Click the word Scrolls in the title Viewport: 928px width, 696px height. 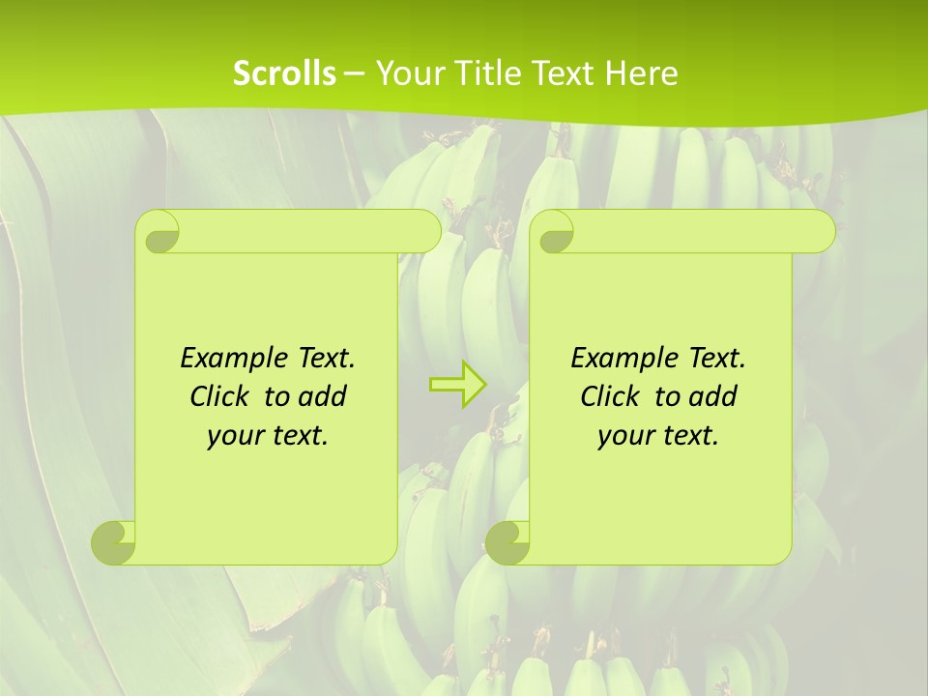[284, 73]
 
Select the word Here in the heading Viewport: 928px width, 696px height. [641, 73]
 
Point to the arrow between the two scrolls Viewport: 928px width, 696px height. [458, 385]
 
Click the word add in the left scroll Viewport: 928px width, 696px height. [323, 396]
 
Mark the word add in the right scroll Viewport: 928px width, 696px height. [713, 396]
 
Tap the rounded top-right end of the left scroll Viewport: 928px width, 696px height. [425, 231]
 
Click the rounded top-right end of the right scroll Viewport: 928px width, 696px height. [820, 231]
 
